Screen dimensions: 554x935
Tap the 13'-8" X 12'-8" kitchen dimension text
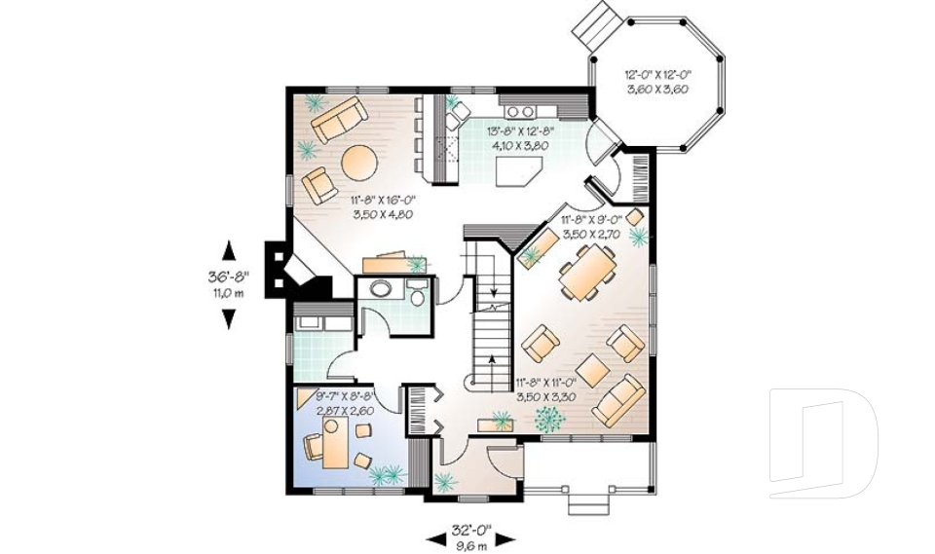tap(520, 137)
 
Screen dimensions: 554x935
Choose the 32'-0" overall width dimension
tap(469, 536)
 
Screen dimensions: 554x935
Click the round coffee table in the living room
tap(356, 161)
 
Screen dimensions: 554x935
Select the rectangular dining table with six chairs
tap(587, 272)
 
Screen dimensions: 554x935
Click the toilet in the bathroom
tap(419, 292)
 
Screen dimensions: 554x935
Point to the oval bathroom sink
tap(381, 289)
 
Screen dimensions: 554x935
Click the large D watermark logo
tap(823, 442)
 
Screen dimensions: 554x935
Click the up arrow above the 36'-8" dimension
tap(229, 250)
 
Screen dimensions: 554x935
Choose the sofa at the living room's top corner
tap(337, 120)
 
